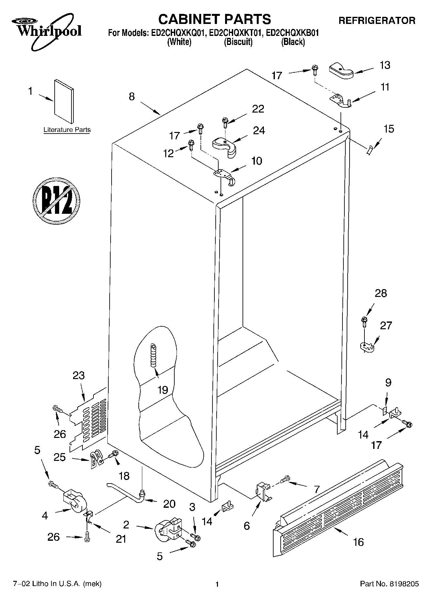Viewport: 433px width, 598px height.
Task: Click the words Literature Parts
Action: (67, 130)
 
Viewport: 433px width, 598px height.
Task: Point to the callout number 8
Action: (132, 96)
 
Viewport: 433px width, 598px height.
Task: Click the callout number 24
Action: (259, 130)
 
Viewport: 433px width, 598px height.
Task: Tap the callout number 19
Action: (163, 390)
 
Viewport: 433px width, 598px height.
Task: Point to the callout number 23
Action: (79, 375)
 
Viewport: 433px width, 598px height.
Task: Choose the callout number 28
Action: (381, 293)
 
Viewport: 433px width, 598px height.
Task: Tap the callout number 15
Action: (389, 129)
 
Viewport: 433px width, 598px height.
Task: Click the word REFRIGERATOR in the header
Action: (377, 21)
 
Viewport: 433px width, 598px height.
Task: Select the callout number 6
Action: (247, 526)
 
